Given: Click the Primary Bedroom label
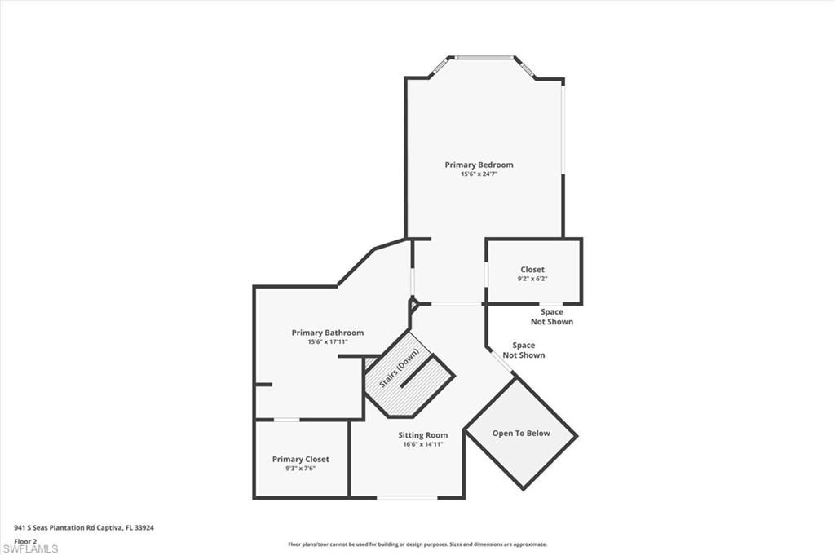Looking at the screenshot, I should (x=479, y=165).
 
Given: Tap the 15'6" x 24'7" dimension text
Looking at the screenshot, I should (x=479, y=174).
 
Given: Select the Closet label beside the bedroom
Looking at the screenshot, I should (x=532, y=270).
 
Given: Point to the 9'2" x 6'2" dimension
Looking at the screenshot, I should (x=532, y=279).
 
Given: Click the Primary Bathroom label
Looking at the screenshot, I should (x=328, y=333).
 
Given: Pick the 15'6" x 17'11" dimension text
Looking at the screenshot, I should (x=328, y=342).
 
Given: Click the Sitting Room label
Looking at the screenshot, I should (x=422, y=435).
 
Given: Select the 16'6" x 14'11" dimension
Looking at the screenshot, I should (x=422, y=445).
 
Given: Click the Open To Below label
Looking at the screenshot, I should (x=521, y=434).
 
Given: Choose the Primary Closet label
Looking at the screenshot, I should (x=300, y=460).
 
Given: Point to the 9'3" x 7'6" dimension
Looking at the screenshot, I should (x=300, y=469).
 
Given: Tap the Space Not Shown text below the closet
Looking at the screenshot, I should (x=552, y=317).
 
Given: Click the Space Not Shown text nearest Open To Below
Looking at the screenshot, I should (x=524, y=350).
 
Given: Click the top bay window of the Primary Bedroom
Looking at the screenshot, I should (x=484, y=57).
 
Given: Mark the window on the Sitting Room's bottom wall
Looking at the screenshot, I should (x=406, y=497).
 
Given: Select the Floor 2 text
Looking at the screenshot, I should (x=25, y=540).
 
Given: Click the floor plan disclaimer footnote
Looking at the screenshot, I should (x=417, y=544).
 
